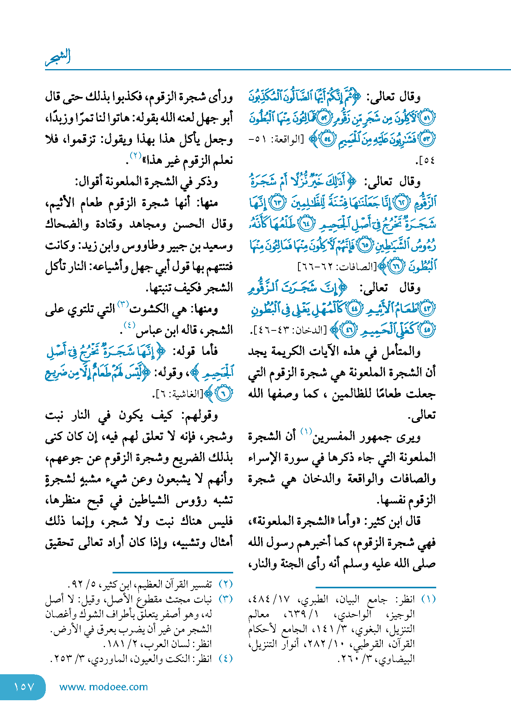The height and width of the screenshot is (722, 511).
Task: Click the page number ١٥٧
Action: pos(24,687)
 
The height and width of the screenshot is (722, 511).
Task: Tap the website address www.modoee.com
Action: pos(103,687)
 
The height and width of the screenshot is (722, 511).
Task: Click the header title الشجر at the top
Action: pos(58,57)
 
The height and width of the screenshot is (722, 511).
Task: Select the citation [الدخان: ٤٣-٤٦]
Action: pos(288,330)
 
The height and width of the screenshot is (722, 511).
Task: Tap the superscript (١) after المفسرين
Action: pos(306,431)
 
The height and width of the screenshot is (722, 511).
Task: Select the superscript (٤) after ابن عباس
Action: pos(129,325)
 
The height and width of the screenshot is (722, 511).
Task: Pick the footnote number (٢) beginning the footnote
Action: pos(226,584)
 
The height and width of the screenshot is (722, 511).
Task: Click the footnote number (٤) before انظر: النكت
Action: pos(226,659)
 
